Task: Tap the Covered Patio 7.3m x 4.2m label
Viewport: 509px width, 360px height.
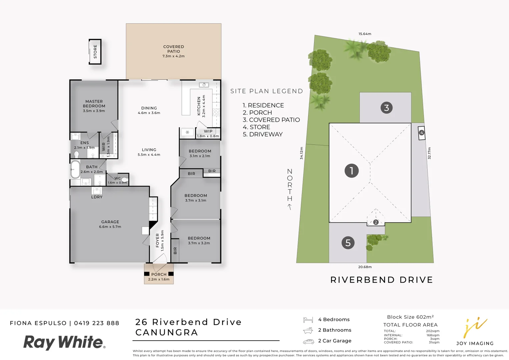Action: (x=173, y=51)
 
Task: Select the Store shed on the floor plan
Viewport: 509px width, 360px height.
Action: (x=95, y=52)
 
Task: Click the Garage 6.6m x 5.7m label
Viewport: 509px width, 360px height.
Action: (x=110, y=224)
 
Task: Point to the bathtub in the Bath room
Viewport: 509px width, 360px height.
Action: (x=75, y=170)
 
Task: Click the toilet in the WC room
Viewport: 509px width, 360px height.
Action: (x=125, y=180)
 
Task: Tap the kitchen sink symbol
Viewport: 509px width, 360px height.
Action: (x=204, y=85)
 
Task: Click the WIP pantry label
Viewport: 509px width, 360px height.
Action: (x=208, y=131)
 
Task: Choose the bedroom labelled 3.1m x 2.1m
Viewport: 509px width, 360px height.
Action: (x=200, y=153)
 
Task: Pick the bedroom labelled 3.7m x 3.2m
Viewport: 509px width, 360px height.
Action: (x=199, y=240)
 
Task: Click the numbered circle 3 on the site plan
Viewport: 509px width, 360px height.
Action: (x=386, y=108)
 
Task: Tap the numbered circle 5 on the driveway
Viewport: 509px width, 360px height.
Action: (x=348, y=243)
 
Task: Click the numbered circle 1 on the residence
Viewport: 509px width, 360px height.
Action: (x=351, y=171)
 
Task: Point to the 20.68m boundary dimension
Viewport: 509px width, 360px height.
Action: (x=365, y=267)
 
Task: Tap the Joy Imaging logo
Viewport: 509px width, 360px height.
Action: (x=475, y=332)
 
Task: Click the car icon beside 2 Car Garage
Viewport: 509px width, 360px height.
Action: (x=308, y=341)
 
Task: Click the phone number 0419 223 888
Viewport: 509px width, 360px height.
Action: (x=96, y=323)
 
